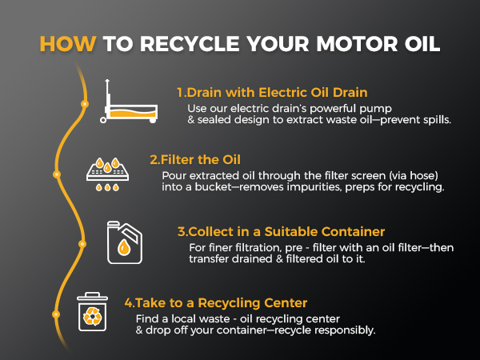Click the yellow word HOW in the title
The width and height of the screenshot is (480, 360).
tap(68, 44)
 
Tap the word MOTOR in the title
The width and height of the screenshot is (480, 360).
tap(357, 44)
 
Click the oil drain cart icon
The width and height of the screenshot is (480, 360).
tap(129, 102)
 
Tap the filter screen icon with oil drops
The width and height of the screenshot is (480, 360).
tap(107, 174)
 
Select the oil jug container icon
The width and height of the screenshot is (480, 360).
tap(125, 242)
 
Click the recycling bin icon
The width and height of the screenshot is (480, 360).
tap(92, 312)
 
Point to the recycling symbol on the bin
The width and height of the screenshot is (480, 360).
tap(93, 316)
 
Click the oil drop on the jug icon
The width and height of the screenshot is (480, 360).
tap(124, 247)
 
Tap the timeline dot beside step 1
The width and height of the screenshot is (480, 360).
tap(85, 104)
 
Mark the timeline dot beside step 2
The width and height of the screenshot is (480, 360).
tap(57, 174)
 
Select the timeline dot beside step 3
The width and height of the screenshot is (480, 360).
tap(82, 244)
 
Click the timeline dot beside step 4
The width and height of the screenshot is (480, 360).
tap(56, 314)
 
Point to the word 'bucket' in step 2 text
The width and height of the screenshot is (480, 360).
tap(214, 186)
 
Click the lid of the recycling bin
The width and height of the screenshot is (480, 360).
tap(92, 296)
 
